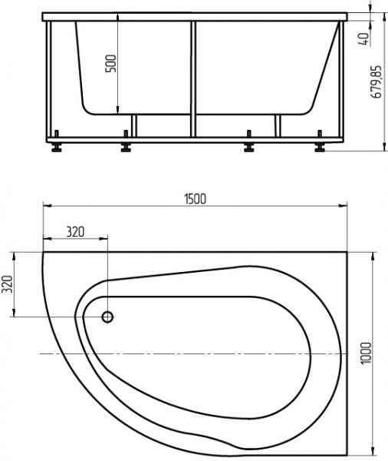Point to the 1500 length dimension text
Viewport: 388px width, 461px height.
click(194, 197)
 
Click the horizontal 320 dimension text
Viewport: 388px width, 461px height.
click(75, 230)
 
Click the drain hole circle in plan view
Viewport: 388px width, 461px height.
click(107, 317)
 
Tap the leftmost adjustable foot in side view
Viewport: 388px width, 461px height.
click(57, 147)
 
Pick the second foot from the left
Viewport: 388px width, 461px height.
click(125, 147)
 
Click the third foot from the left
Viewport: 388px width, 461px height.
click(248, 147)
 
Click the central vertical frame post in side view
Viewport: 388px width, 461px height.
click(193, 77)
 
